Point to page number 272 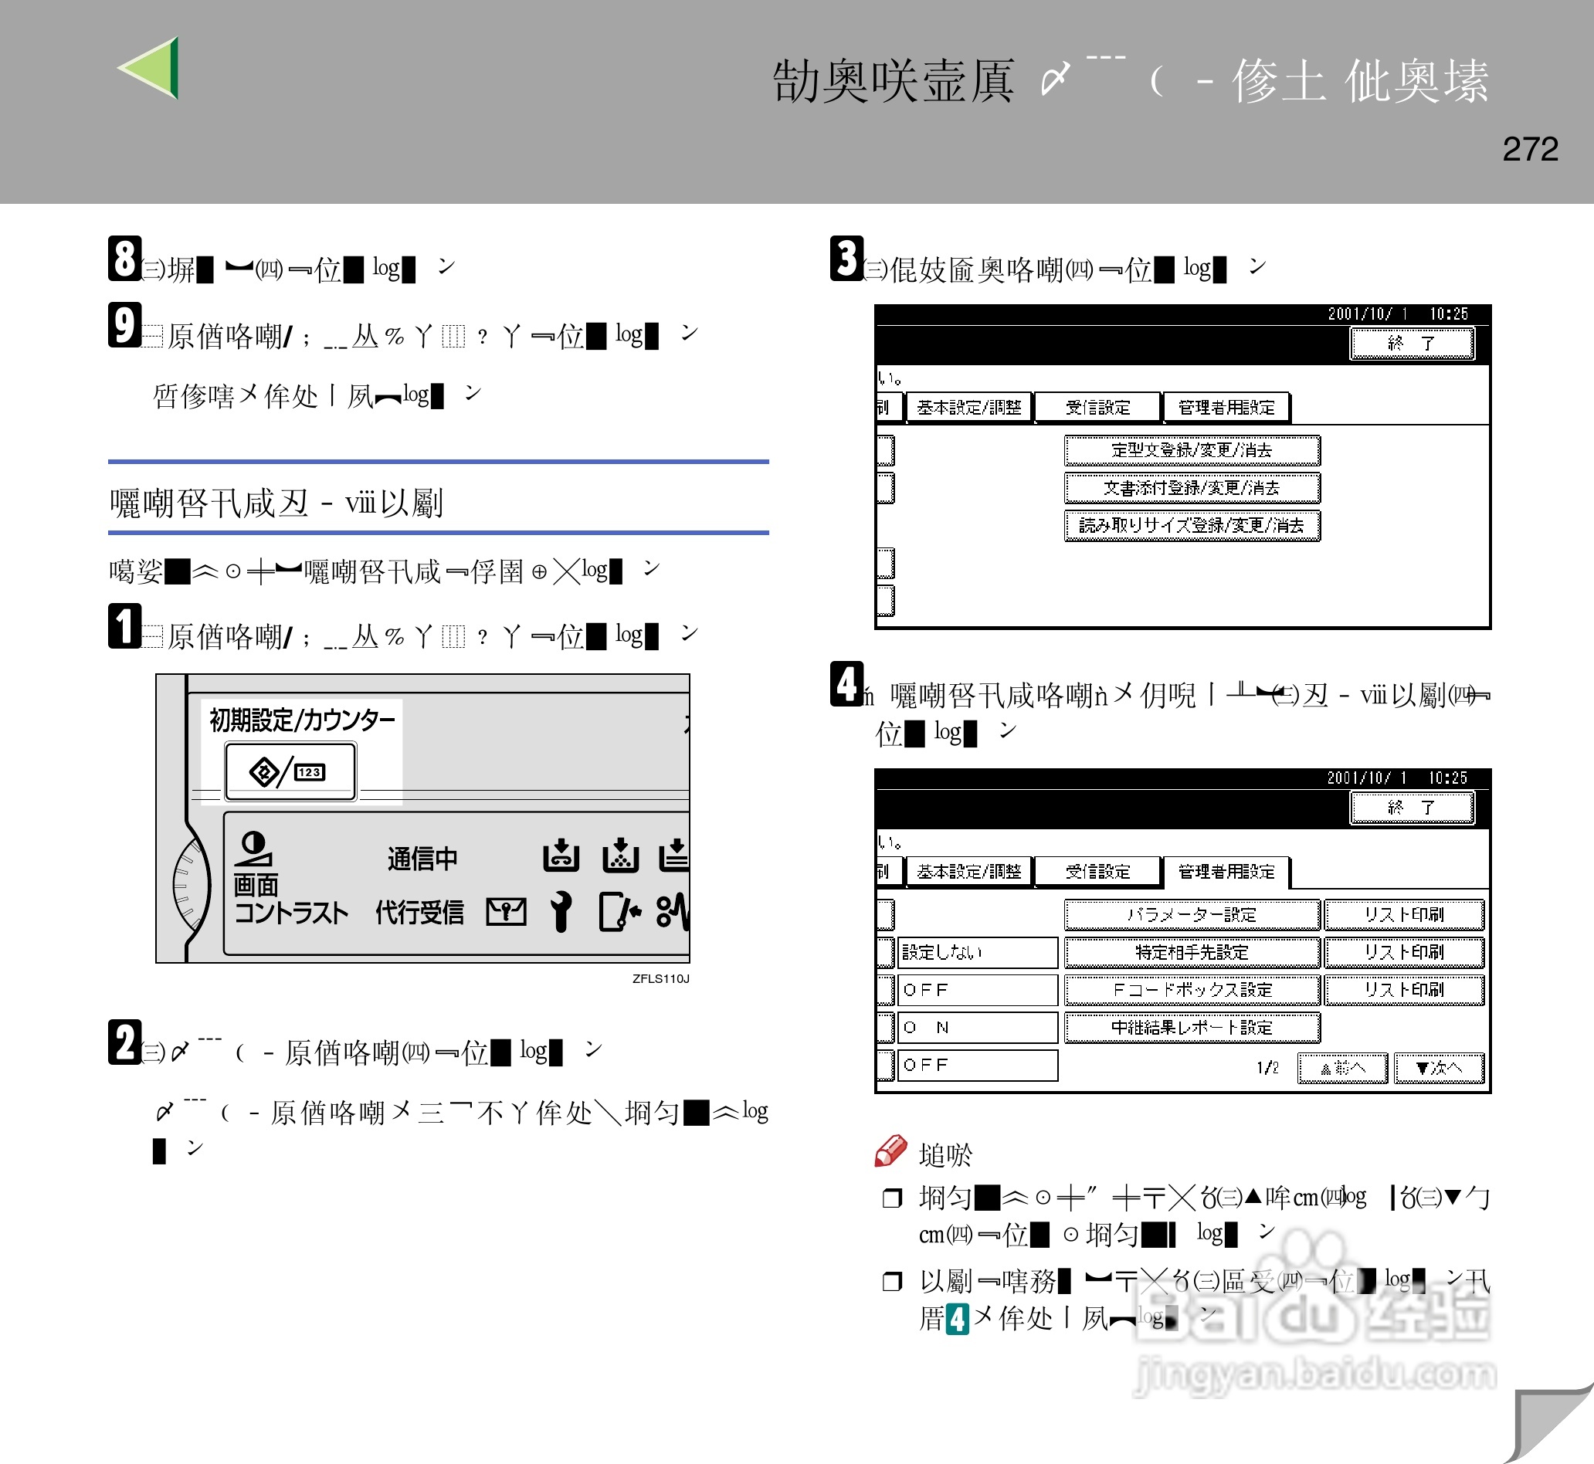click(x=1529, y=149)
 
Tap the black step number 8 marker click(x=124, y=258)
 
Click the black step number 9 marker click(x=124, y=325)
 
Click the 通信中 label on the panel click(x=422, y=859)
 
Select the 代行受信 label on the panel click(x=419, y=913)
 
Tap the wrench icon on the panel click(x=561, y=911)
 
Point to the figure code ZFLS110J click(x=660, y=978)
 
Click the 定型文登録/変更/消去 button click(x=1191, y=451)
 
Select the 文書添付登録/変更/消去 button click(x=1191, y=488)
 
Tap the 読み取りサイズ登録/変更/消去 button click(x=1191, y=525)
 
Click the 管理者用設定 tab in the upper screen click(x=1226, y=408)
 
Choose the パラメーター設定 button click(x=1191, y=915)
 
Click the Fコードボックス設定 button click(x=1191, y=990)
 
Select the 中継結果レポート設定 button click(x=1191, y=1028)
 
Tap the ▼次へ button click(x=1438, y=1068)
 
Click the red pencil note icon click(x=890, y=1151)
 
